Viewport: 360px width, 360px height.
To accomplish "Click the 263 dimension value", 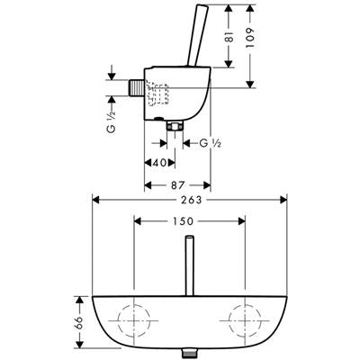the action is coord(191,200).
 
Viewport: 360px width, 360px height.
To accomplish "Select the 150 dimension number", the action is coord(183,221).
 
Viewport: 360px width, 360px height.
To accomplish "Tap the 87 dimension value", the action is coord(177,185).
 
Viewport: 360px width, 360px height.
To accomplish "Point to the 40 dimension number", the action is coord(159,163).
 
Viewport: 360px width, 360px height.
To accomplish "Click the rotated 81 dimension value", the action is coord(229,36).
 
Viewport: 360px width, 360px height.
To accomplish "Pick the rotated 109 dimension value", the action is coord(250,37).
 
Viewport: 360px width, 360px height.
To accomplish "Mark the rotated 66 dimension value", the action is coord(79,322).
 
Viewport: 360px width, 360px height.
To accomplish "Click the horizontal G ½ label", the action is coord(211,144).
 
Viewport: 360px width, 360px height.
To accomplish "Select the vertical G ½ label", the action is coord(111,121).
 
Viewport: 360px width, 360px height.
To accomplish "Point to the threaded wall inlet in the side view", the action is coord(137,88).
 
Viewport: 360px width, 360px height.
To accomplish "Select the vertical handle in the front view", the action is coord(189,265).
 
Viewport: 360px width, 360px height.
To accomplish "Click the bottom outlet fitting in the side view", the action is coord(175,126).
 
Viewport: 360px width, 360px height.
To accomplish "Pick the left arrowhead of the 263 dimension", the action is coord(95,200).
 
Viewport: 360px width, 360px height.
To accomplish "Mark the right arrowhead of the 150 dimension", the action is coord(242,221).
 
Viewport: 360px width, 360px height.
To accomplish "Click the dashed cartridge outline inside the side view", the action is coord(157,93).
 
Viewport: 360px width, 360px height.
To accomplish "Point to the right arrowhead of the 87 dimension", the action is coord(207,185).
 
